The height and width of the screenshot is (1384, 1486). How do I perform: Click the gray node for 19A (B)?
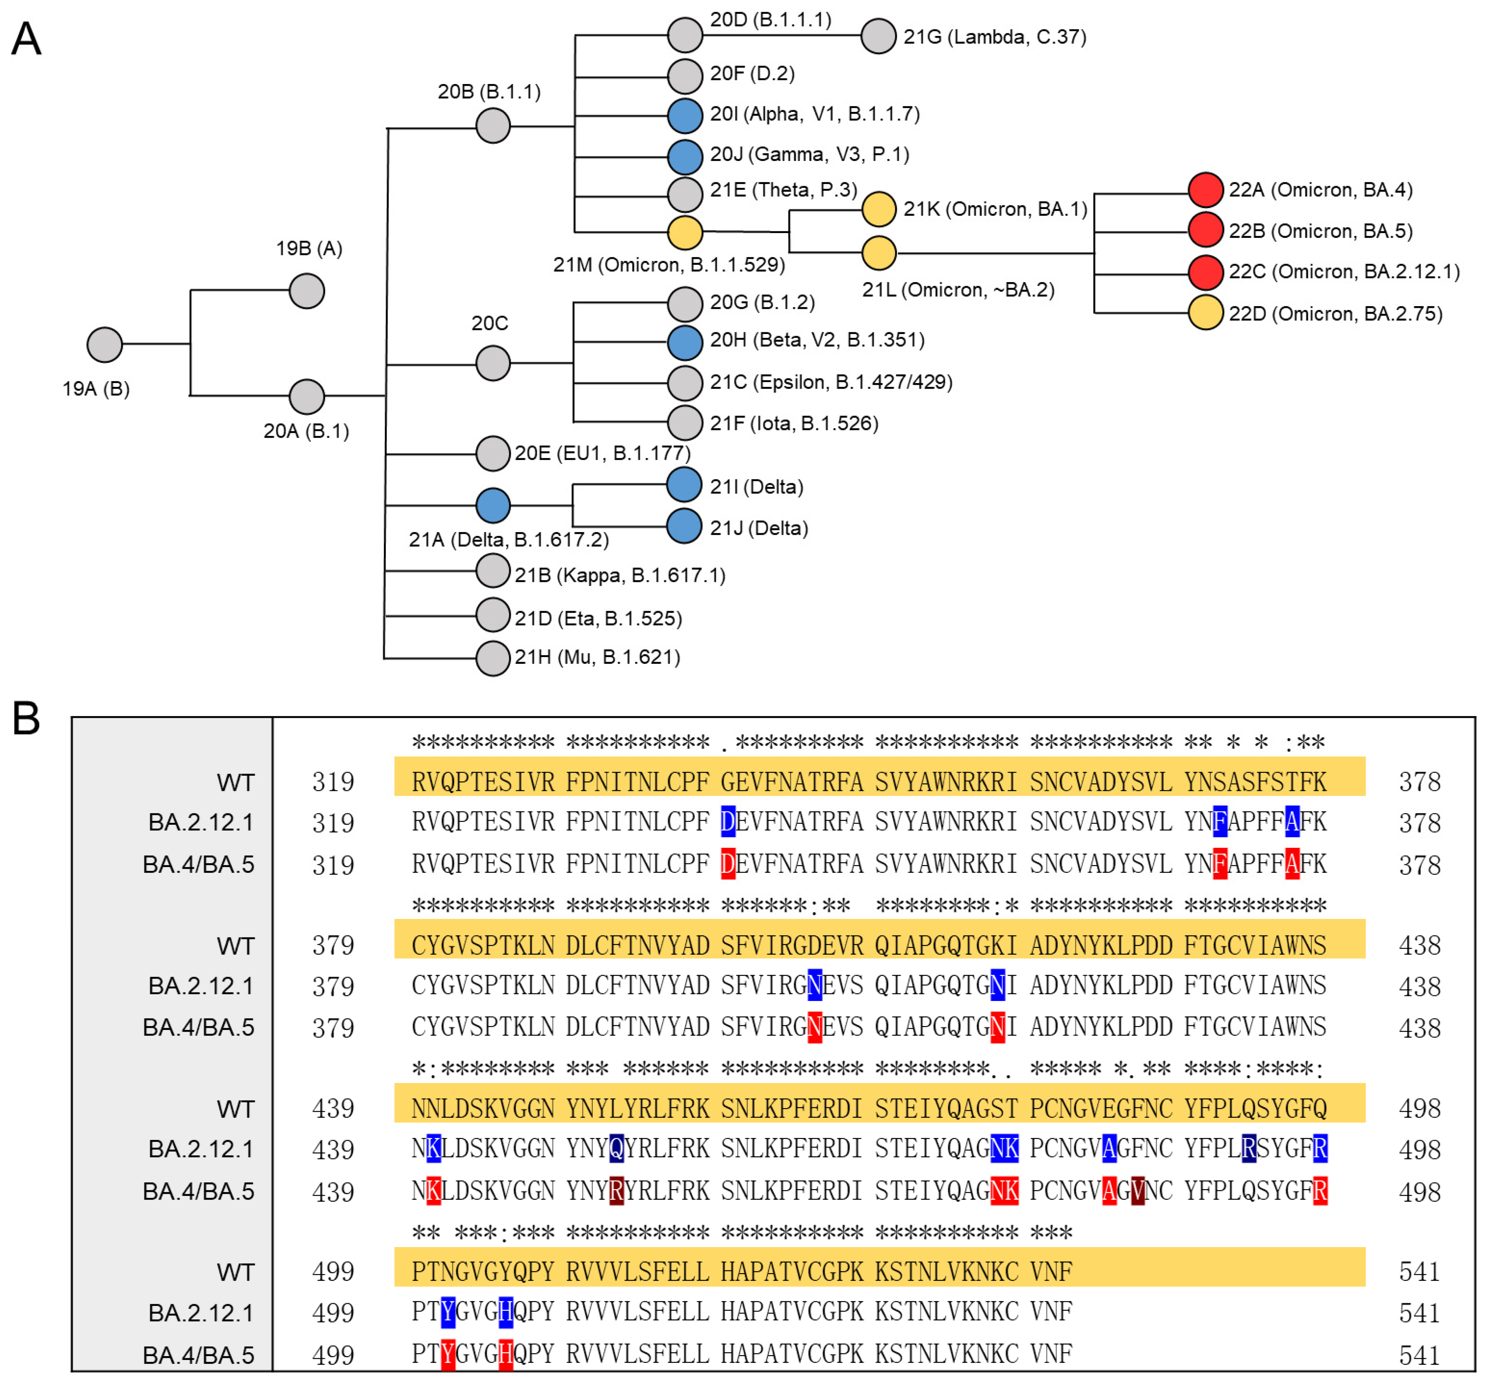105,345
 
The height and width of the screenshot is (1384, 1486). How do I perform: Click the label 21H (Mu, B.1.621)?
597,657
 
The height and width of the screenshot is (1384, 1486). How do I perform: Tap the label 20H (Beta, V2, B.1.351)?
817,340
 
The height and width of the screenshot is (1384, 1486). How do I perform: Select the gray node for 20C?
493,363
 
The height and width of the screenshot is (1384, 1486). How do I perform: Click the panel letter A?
26,39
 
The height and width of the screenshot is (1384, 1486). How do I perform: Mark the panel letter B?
26,718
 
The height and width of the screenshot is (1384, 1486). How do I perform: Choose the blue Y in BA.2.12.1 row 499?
448,1312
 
